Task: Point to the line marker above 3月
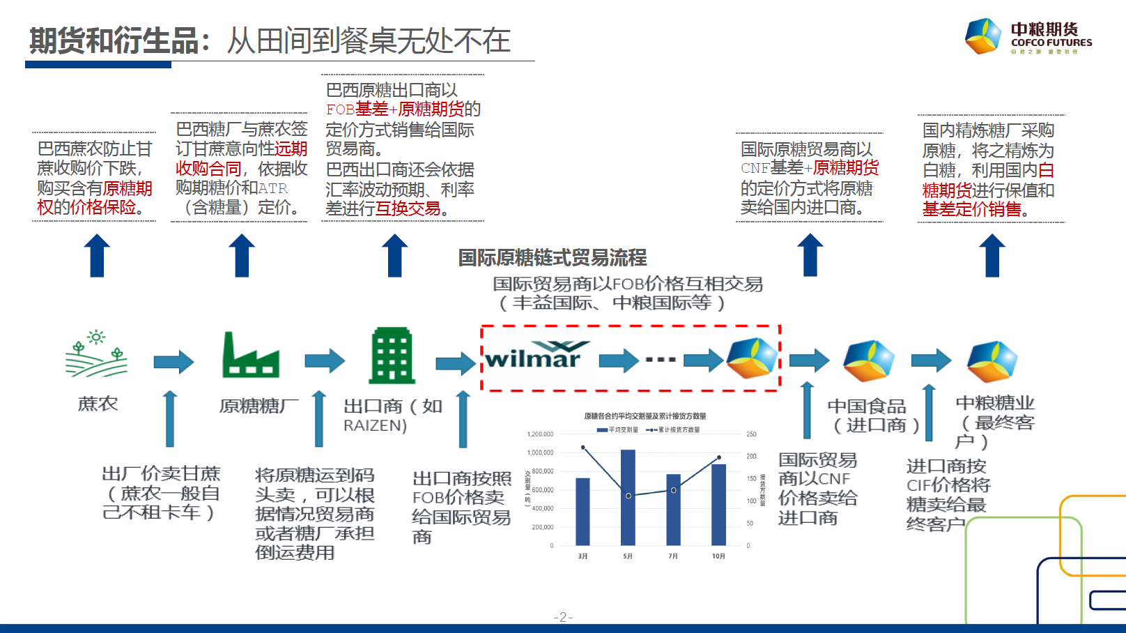pyautogui.click(x=583, y=448)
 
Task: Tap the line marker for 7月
pyautogui.click(x=673, y=490)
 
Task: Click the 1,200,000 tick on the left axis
pyautogui.click(x=540, y=434)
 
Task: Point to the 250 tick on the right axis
pyautogui.click(x=751, y=434)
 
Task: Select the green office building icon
pyautogui.click(x=392, y=356)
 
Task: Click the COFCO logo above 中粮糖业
pyautogui.click(x=992, y=361)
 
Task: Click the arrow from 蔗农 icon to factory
pyautogui.click(x=173, y=361)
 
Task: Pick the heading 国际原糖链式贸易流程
pyautogui.click(x=552, y=258)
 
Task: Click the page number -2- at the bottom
pyautogui.click(x=563, y=617)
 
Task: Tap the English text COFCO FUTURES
pyautogui.click(x=1051, y=43)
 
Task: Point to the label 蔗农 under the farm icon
pyautogui.click(x=98, y=404)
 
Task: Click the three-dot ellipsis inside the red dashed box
pyautogui.click(x=661, y=360)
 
